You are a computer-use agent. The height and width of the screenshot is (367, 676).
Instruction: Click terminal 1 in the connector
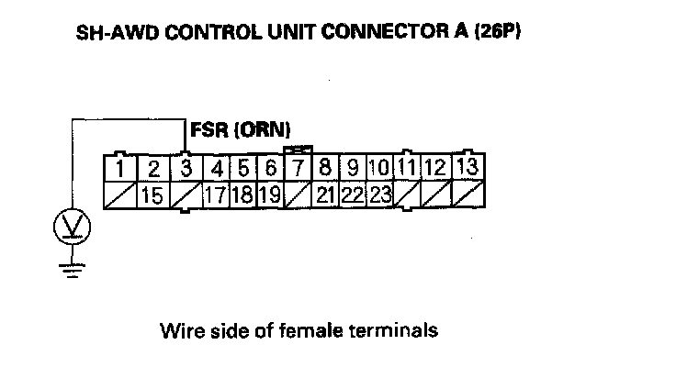click(120, 169)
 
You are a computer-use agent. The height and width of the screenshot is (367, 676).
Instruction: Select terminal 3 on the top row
click(186, 169)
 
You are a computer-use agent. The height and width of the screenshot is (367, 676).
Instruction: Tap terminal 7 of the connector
click(299, 169)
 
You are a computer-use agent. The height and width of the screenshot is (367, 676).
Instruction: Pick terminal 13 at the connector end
click(468, 169)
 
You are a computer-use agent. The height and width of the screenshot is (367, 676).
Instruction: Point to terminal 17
click(216, 195)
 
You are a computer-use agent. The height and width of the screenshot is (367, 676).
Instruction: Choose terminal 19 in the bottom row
click(269, 195)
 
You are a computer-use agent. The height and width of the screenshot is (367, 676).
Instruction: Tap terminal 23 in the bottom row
click(381, 195)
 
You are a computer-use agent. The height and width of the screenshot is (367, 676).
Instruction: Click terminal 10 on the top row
click(378, 169)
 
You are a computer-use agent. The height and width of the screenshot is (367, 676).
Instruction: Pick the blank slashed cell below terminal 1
click(120, 195)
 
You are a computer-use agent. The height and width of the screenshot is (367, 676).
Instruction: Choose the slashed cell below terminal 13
click(468, 195)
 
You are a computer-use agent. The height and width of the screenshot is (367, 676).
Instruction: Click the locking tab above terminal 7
click(299, 149)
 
